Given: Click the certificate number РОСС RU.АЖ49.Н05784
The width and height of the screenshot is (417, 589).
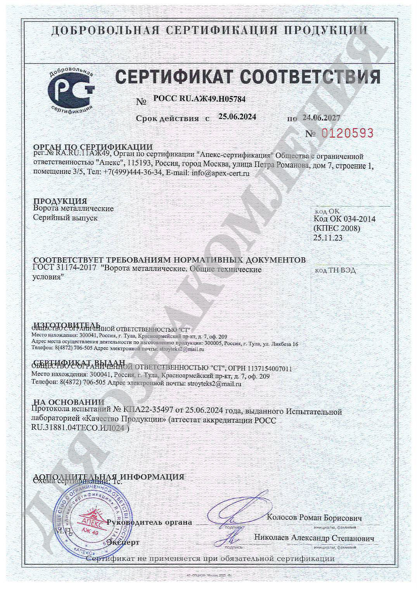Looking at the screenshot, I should click(x=199, y=99).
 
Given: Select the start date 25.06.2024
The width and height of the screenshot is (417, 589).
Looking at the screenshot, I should click(x=237, y=117).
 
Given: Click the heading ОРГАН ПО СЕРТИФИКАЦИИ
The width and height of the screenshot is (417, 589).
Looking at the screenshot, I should click(x=93, y=147).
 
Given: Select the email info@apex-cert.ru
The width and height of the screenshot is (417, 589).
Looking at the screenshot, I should click(x=220, y=173).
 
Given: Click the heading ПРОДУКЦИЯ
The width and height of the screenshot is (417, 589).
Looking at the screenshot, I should click(x=60, y=201).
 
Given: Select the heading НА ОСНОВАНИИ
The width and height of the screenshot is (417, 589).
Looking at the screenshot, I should click(x=69, y=402).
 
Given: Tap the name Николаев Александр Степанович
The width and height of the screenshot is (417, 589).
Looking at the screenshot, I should click(x=314, y=538).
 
